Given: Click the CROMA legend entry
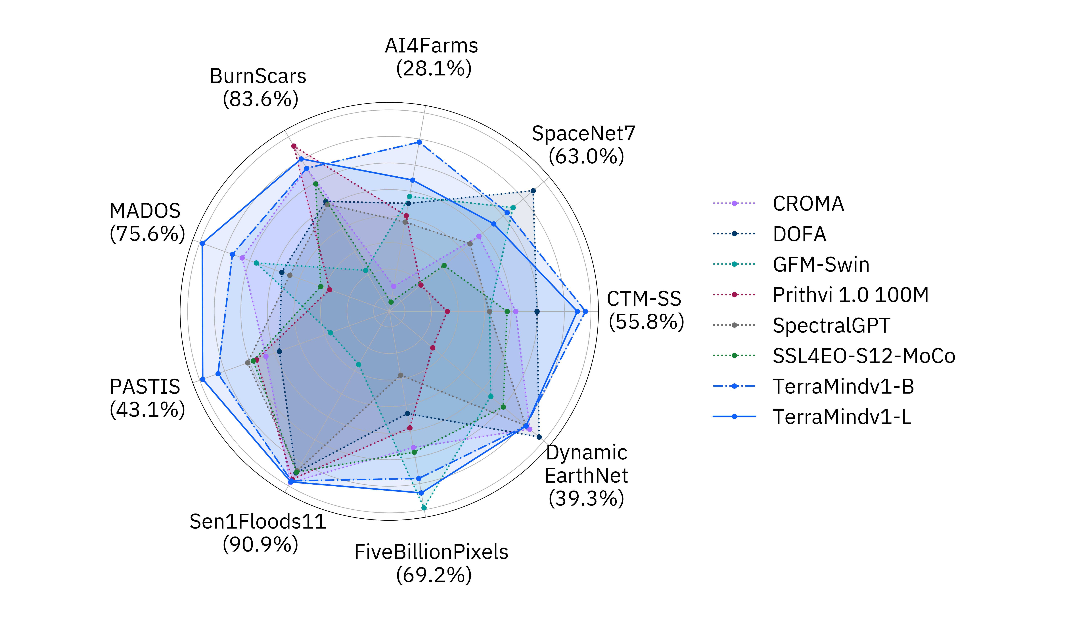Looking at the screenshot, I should [x=808, y=204].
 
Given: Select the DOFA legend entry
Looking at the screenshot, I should [x=799, y=234].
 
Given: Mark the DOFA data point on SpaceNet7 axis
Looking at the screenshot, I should [x=533, y=191].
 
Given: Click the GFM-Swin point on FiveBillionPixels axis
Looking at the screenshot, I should [x=424, y=508].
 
